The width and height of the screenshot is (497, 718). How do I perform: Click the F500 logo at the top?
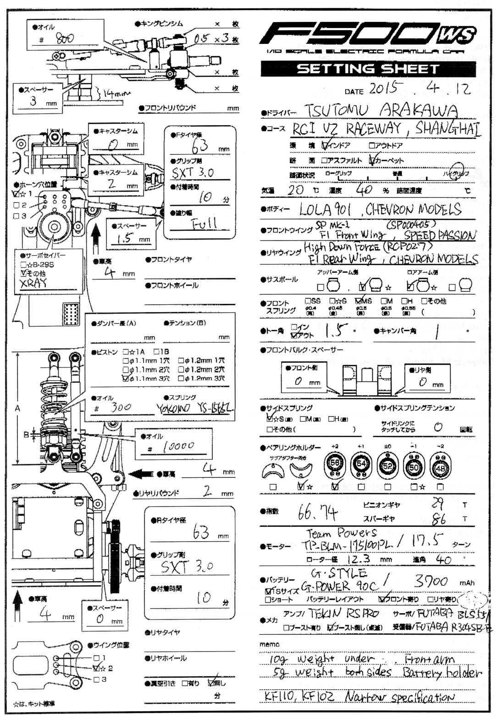click(x=367, y=37)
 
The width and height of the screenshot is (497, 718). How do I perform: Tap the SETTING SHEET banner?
click(x=368, y=69)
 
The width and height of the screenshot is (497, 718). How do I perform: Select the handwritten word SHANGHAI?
click(x=448, y=128)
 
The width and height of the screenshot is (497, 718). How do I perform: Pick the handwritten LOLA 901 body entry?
click(x=325, y=210)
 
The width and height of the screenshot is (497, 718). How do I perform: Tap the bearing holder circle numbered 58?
click(x=335, y=464)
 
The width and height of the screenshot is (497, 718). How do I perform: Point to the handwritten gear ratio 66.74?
click(x=318, y=513)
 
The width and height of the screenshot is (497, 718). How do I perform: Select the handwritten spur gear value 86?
click(x=439, y=519)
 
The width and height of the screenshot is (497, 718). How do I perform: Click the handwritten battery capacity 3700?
click(x=430, y=581)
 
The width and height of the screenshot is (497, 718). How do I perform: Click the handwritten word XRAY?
click(x=33, y=283)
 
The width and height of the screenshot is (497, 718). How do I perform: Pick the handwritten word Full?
click(x=204, y=224)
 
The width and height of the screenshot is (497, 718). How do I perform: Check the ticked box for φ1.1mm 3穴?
click(x=126, y=378)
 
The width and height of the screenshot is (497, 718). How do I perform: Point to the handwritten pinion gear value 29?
click(x=437, y=504)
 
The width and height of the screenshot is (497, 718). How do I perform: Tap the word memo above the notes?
click(x=269, y=644)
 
